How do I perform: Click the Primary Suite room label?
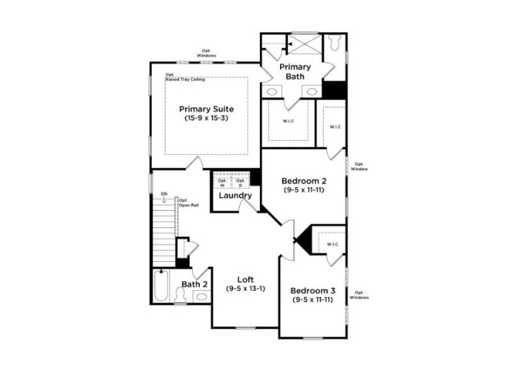206,109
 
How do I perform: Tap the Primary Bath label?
295,72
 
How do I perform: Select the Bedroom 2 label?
303,181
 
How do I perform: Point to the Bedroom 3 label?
313,290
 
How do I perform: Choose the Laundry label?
235,195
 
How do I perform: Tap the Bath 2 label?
194,284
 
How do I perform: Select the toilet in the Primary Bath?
335,43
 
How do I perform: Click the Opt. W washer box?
222,182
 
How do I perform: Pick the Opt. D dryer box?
240,182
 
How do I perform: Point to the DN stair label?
164,194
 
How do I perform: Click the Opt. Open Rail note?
189,202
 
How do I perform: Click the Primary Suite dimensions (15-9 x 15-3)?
206,119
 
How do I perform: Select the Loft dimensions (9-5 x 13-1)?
246,288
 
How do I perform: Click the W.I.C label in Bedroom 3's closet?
332,244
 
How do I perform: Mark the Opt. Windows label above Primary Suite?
208,53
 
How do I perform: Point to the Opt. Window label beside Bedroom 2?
359,166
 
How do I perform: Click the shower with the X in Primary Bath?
305,44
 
